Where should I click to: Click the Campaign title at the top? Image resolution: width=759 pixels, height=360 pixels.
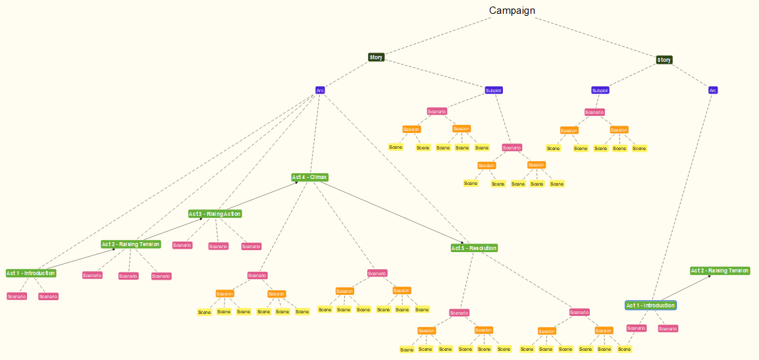(x=511, y=11)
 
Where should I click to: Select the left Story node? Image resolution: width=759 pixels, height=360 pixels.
(x=376, y=57)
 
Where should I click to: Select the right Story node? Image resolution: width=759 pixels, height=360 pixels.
(x=664, y=60)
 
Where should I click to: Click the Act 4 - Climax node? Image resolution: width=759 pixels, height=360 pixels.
(x=309, y=178)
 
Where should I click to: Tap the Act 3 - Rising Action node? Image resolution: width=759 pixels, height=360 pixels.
(x=215, y=214)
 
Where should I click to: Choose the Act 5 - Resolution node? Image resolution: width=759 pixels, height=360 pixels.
(x=474, y=248)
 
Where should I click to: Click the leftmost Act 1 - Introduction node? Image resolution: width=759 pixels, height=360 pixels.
(x=31, y=273)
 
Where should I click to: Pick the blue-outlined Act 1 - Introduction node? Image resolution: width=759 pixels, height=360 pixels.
(x=650, y=305)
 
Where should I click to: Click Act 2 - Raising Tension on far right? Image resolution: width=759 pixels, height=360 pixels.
(x=720, y=270)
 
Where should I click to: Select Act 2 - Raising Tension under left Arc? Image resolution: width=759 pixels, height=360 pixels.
(x=130, y=244)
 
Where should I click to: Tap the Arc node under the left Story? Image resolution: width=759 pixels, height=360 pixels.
(x=320, y=90)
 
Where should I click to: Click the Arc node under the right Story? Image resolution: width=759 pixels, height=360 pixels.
(x=713, y=90)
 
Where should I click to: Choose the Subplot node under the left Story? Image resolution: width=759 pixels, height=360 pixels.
(x=494, y=90)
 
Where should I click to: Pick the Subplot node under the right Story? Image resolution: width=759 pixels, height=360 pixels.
(x=600, y=90)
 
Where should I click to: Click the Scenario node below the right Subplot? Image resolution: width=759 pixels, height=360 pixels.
(x=594, y=113)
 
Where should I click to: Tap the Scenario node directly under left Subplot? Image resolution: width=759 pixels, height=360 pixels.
(x=436, y=111)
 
